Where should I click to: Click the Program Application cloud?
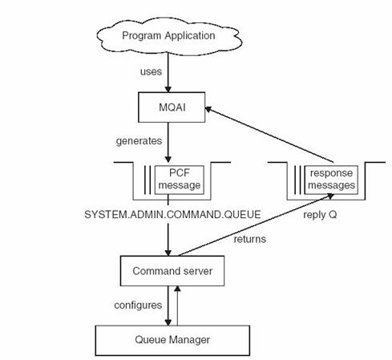168,35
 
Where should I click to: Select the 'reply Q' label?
319,215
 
